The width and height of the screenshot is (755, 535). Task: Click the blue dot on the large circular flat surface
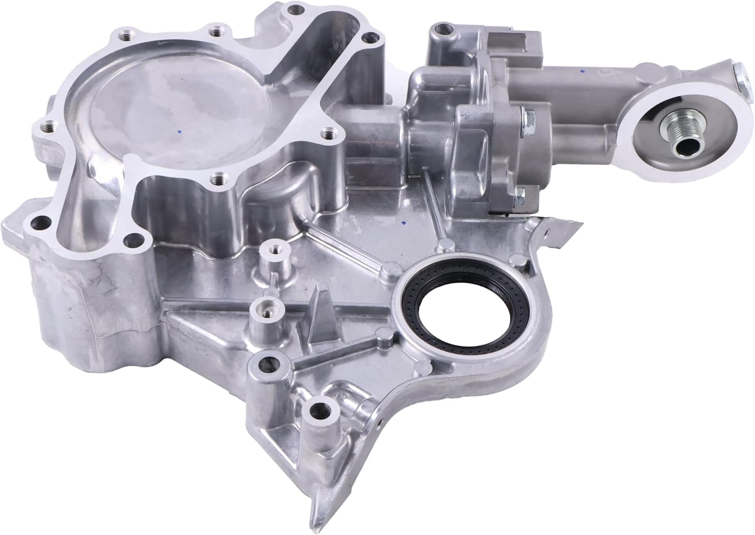[179, 132]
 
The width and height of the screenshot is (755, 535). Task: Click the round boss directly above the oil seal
[443, 245]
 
